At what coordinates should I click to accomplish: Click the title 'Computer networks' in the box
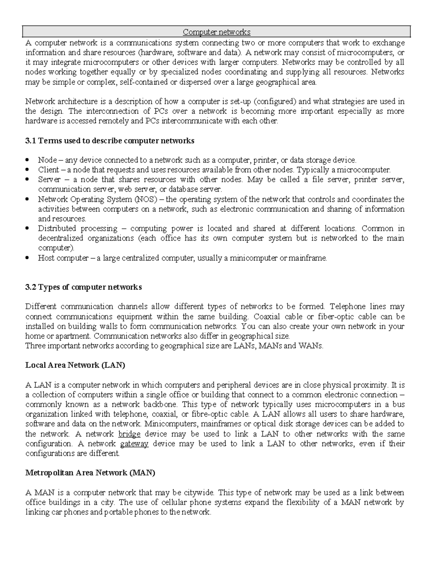tap(216, 32)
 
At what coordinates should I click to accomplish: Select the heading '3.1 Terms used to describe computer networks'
tap(110, 141)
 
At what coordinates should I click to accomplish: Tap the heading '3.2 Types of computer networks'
tap(83, 287)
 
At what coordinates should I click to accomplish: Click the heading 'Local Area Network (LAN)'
tap(75, 365)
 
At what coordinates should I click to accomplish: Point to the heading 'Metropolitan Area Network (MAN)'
tap(90, 473)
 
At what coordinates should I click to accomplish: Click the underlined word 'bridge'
tap(129, 434)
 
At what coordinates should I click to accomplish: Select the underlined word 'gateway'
tap(134, 444)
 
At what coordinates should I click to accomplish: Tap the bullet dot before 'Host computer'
tap(27, 258)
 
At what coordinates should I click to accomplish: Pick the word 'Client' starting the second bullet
tap(48, 170)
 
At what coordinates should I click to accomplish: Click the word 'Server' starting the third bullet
tap(49, 180)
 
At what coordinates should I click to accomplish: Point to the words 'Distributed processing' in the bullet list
tap(77, 229)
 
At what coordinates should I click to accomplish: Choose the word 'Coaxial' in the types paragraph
tap(267, 317)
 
